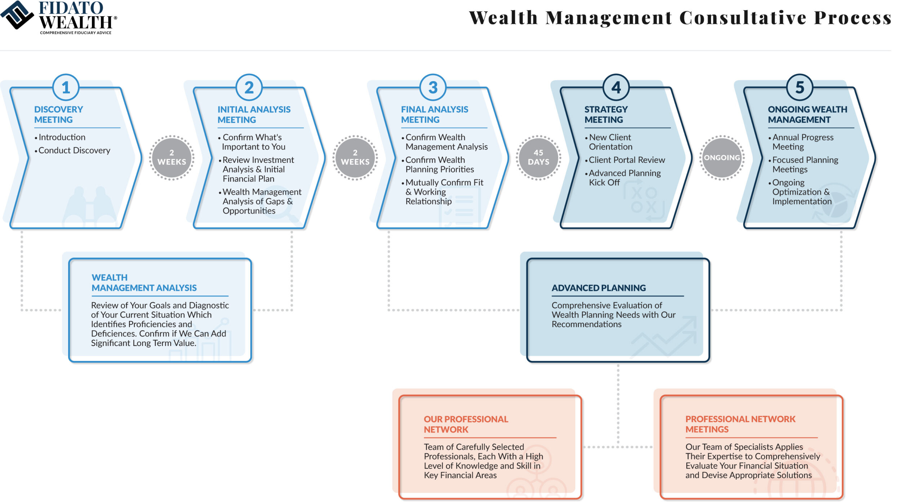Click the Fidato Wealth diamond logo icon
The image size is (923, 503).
pos(17,15)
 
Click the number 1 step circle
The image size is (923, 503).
pos(66,87)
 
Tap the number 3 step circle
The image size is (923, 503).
pos(433,87)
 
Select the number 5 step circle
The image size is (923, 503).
pos(799,87)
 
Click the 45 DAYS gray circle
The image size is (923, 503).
pos(538,157)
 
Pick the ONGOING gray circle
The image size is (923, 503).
pos(722,157)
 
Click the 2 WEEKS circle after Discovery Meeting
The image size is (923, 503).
pos(172,157)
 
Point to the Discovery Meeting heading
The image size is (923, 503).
pos(58,114)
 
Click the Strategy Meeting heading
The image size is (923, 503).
pos(606,114)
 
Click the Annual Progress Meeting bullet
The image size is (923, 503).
pos(801,142)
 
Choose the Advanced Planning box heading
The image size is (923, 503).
pos(599,288)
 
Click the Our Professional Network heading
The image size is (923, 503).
pos(466,424)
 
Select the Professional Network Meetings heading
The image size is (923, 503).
pos(740,424)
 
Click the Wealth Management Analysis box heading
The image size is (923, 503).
pos(144,282)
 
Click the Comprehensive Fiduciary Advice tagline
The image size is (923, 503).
pos(76,33)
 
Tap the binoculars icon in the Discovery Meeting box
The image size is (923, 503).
pos(89,207)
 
